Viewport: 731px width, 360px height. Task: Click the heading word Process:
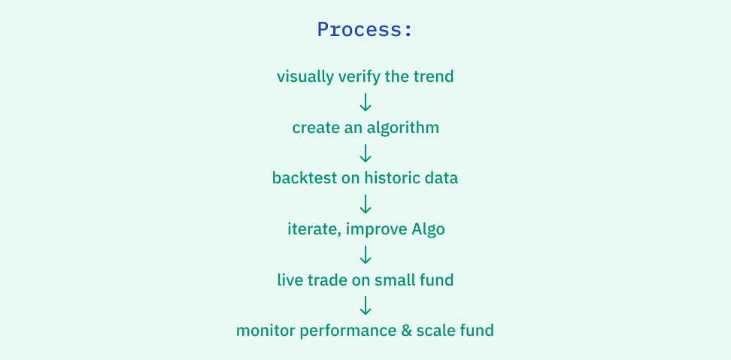[x=365, y=29]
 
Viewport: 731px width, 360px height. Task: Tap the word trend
[x=434, y=77]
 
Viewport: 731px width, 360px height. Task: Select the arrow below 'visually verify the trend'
[x=365, y=102]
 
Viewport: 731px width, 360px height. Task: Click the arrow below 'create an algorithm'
[x=365, y=153]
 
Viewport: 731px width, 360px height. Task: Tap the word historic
[x=394, y=179]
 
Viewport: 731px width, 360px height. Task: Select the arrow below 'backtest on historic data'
[x=365, y=204]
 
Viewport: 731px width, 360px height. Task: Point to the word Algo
[x=428, y=230]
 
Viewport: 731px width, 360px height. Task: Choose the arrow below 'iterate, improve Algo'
[x=365, y=256]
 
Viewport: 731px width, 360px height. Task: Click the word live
[x=290, y=281]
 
